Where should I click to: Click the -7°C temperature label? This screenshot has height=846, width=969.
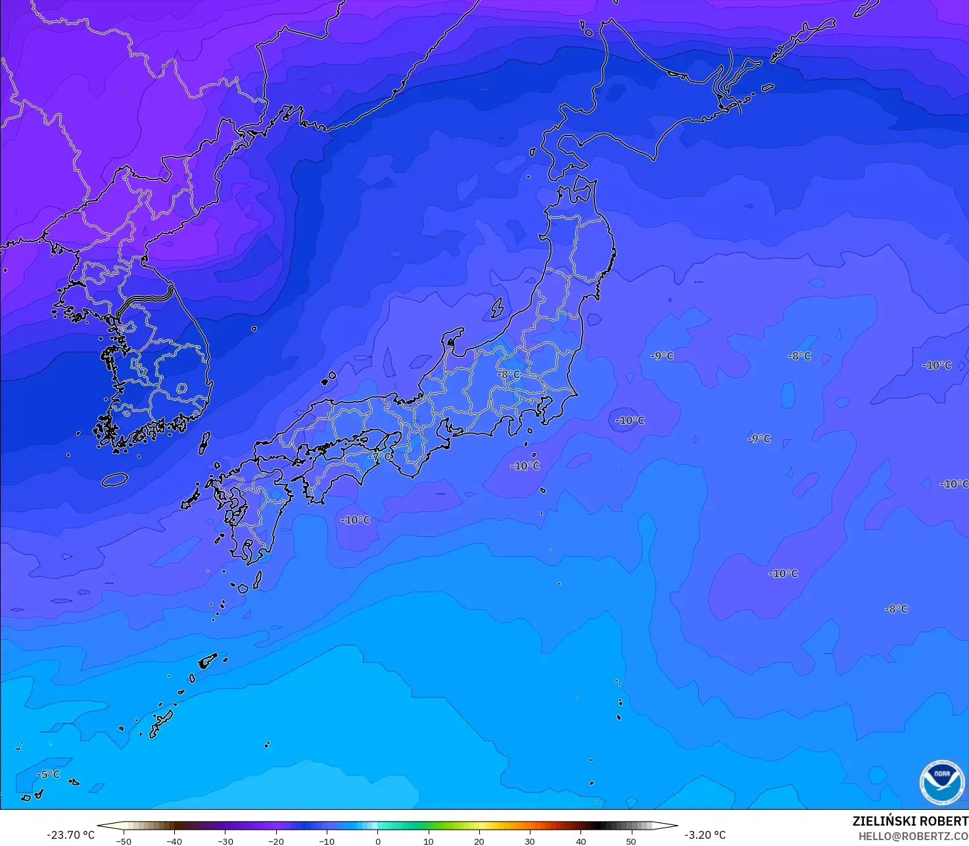[379, 456]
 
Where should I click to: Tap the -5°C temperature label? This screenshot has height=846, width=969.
[48, 774]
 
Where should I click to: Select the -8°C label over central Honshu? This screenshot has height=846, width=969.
[509, 375]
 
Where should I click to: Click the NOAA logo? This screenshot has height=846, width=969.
[941, 782]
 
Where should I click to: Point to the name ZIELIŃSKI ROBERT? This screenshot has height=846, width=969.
[910, 821]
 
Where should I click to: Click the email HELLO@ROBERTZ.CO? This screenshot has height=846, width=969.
[913, 836]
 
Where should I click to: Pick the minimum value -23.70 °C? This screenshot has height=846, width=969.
[70, 835]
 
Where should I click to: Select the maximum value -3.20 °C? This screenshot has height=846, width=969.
[705, 835]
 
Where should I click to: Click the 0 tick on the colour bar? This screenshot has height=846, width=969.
[377, 841]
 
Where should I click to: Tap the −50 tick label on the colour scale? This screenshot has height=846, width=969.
[123, 841]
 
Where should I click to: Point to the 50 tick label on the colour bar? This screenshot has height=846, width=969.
[631, 841]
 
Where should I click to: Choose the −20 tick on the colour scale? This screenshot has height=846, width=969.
[275, 841]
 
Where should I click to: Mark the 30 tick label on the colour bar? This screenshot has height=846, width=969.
[530, 841]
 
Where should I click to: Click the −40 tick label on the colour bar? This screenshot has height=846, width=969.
[174, 841]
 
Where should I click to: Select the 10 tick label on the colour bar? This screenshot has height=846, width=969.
[428, 841]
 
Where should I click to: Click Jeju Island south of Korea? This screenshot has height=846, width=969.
[114, 480]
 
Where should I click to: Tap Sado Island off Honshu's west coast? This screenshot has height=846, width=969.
[497, 308]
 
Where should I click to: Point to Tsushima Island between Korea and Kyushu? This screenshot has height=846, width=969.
[204, 442]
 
